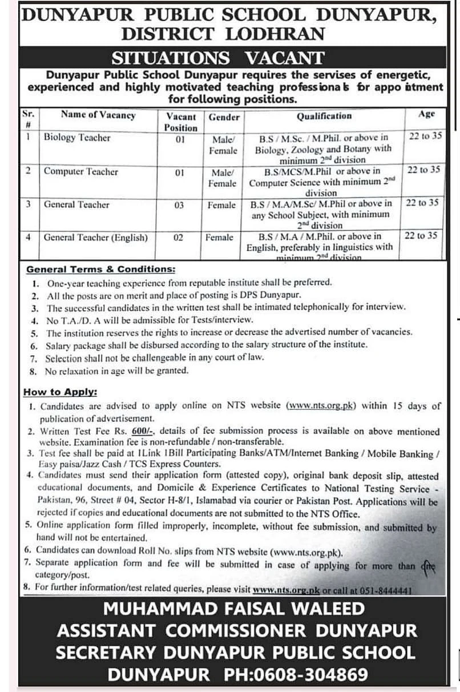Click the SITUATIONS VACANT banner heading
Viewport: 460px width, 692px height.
217,58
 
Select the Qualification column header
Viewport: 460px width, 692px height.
324,116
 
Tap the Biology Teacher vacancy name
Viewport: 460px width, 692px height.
77,138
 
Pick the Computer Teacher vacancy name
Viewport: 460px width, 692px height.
80,171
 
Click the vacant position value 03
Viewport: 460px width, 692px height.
179,205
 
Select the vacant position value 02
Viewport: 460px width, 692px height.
178,238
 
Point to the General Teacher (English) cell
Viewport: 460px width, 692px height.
95,237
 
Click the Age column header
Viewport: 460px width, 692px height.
426,114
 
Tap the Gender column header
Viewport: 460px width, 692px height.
224,117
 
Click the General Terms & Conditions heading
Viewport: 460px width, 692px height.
101,269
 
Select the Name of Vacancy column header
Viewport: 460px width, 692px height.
98,115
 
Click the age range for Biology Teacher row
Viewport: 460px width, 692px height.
425,136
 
